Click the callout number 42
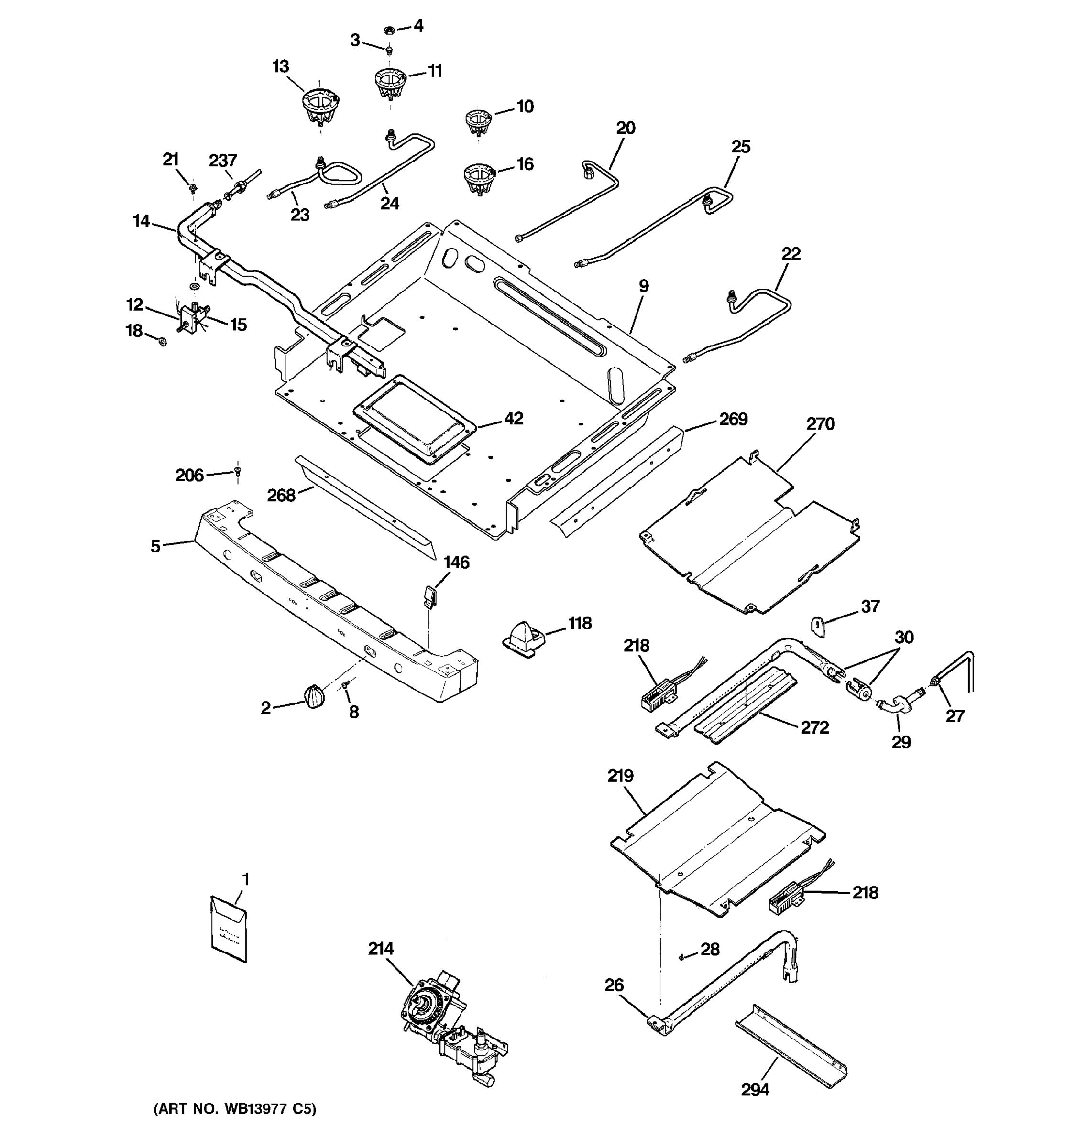pyautogui.click(x=513, y=418)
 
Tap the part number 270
pyautogui.click(x=820, y=424)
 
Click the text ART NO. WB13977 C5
pyautogui.click(x=235, y=1108)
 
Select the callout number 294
pyautogui.click(x=755, y=1089)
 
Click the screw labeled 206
pyautogui.click(x=237, y=472)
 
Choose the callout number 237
pyautogui.click(x=223, y=161)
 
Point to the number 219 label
pyautogui.click(x=620, y=776)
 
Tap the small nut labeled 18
pyautogui.click(x=163, y=342)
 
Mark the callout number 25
pyautogui.click(x=741, y=147)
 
